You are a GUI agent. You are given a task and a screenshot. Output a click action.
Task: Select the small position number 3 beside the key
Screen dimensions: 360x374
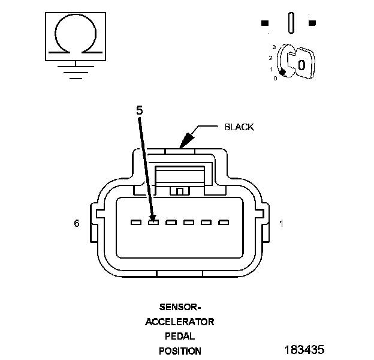pyautogui.click(x=273, y=46)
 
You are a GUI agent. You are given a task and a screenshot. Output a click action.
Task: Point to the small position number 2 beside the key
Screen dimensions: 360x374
pyautogui.click(x=271, y=58)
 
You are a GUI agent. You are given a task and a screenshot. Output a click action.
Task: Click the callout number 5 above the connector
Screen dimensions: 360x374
pyautogui.click(x=139, y=110)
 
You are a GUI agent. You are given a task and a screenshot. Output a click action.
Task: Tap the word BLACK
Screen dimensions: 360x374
pyautogui.click(x=239, y=127)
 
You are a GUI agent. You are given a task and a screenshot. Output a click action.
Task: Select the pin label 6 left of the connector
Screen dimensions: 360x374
pyautogui.click(x=77, y=223)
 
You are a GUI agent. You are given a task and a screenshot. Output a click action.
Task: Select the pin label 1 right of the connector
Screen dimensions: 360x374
pyautogui.click(x=282, y=223)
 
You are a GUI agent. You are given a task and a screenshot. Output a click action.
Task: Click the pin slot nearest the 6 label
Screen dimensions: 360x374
pyautogui.click(x=136, y=223)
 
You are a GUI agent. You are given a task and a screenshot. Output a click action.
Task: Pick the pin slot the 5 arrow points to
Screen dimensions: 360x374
pyautogui.click(x=153, y=223)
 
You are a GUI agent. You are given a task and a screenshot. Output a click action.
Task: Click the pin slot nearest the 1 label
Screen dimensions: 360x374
pyautogui.click(x=224, y=223)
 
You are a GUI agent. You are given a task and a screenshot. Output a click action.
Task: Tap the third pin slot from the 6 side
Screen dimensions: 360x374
pyautogui.click(x=171, y=223)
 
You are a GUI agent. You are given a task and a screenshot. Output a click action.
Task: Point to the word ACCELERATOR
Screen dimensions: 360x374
pyautogui.click(x=180, y=321)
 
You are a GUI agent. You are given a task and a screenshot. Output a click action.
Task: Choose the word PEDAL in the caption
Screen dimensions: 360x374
pyautogui.click(x=180, y=336)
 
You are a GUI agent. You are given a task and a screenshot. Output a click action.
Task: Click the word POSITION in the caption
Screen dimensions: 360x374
pyautogui.click(x=180, y=351)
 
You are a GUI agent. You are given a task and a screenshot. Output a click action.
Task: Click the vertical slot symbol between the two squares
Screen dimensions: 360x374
pyautogui.click(x=291, y=23)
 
